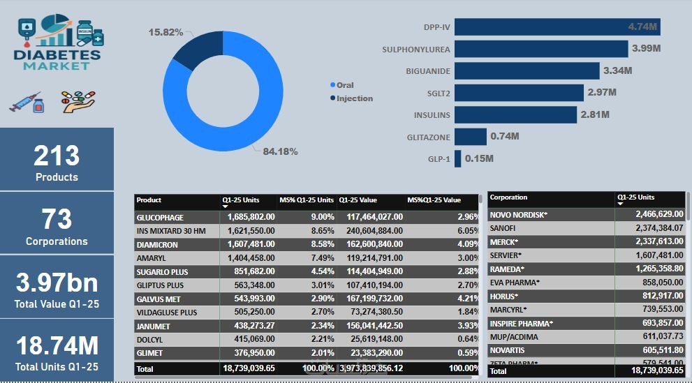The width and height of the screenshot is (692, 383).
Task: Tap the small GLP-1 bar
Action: [x=457, y=158]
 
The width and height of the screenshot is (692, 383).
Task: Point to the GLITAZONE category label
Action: [x=428, y=137]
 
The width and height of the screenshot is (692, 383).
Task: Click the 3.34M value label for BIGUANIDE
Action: [x=618, y=70]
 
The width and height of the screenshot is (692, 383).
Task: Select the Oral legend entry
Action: [x=345, y=85]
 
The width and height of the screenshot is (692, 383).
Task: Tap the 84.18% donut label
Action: [x=280, y=151]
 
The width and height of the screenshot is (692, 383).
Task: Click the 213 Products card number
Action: [x=57, y=155]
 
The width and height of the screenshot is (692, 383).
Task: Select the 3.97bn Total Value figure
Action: [x=57, y=283]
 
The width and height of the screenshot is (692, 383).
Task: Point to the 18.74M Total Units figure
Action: [x=57, y=346]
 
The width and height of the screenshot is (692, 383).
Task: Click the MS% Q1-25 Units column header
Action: [x=307, y=200]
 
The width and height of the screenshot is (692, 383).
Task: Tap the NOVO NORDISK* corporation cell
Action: [x=519, y=215]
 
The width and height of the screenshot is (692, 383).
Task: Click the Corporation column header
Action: [x=508, y=197]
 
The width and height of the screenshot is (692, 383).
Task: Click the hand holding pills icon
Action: [x=78, y=102]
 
